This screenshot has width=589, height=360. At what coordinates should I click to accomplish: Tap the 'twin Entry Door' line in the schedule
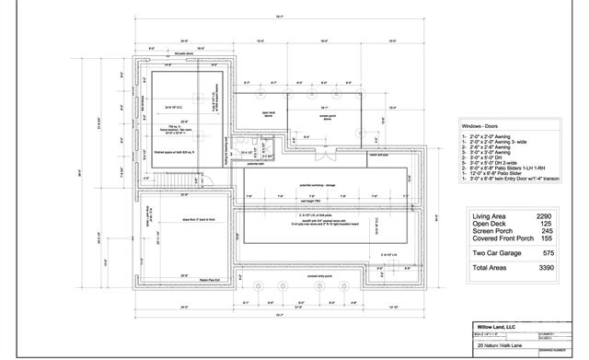511,179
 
